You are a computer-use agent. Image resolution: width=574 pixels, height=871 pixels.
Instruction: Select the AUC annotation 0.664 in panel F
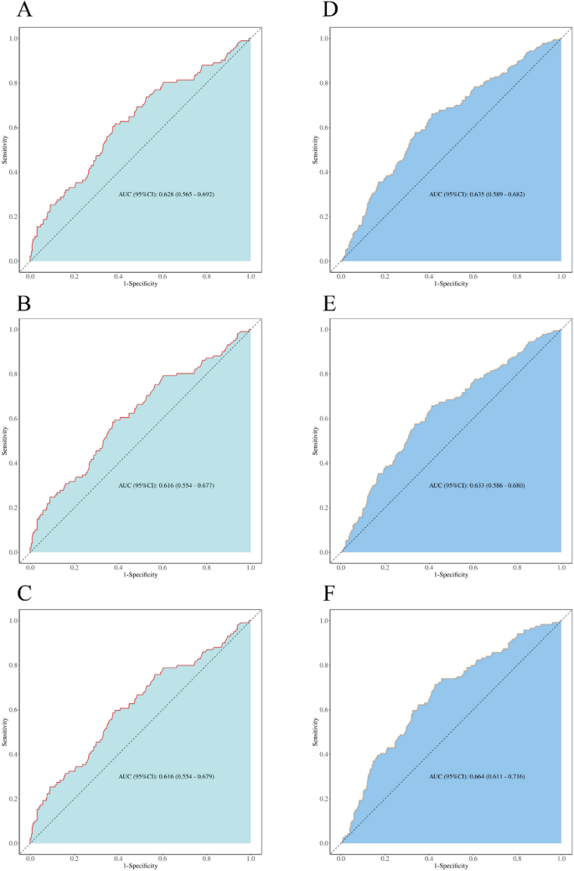(x=477, y=775)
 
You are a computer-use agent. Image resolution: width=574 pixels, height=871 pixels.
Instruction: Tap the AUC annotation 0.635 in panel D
(x=477, y=194)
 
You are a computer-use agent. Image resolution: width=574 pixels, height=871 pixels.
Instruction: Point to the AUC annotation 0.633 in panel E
(x=477, y=485)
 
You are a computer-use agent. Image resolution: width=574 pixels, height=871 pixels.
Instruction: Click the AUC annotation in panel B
(x=166, y=485)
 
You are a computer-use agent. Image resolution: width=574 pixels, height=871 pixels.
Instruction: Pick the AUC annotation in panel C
(x=166, y=775)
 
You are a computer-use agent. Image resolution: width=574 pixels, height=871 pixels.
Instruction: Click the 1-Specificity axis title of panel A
(x=141, y=284)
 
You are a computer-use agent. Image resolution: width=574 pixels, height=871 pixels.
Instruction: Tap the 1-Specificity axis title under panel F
(x=451, y=865)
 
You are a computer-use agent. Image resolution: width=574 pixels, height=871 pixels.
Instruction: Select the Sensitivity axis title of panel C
(x=7, y=732)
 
